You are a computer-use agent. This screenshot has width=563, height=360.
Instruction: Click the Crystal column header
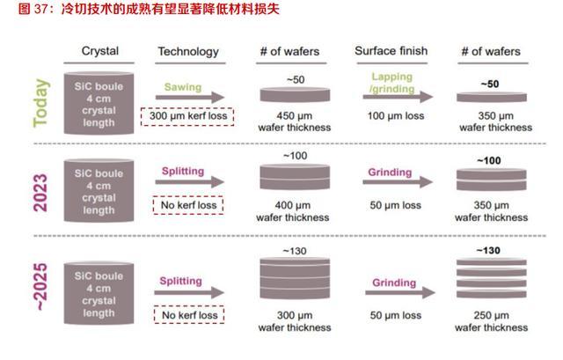point(99,51)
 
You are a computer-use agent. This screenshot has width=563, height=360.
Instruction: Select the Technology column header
point(187,51)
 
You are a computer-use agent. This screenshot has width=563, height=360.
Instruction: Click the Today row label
point(40,104)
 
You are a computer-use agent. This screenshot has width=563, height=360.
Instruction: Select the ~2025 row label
point(40,290)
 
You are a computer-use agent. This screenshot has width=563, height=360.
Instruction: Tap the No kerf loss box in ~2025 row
point(187,313)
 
